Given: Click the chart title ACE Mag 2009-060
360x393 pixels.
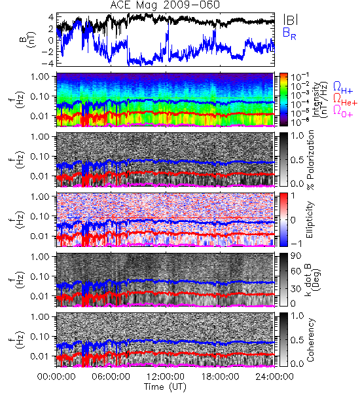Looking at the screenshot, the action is [x=165, y=5].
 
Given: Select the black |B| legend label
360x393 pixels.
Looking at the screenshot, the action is [x=291, y=20].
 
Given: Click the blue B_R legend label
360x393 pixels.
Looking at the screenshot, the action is [x=289, y=33].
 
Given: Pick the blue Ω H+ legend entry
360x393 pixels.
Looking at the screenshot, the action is [x=343, y=88].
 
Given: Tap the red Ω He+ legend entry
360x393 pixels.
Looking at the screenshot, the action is [x=345, y=100].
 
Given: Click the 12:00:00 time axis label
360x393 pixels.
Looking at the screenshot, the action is [x=166, y=377].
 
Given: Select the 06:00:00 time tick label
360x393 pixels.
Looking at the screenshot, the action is [x=111, y=377].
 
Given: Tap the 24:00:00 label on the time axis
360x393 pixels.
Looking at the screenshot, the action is [x=274, y=377].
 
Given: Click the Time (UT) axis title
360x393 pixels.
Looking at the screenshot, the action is [x=165, y=386].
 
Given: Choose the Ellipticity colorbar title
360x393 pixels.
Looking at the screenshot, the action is [x=310, y=219].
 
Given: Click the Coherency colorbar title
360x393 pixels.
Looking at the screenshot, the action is [x=310, y=340].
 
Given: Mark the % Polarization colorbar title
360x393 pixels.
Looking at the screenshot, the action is [x=311, y=160].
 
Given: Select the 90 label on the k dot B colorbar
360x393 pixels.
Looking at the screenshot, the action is [x=295, y=256].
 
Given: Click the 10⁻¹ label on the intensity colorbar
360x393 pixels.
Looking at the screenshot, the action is [x=297, y=77].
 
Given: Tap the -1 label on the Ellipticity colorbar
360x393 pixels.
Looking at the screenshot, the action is [x=296, y=243].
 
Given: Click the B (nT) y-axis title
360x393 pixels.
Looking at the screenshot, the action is [x=27, y=39].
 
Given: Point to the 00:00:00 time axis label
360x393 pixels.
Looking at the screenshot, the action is [x=56, y=377].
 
